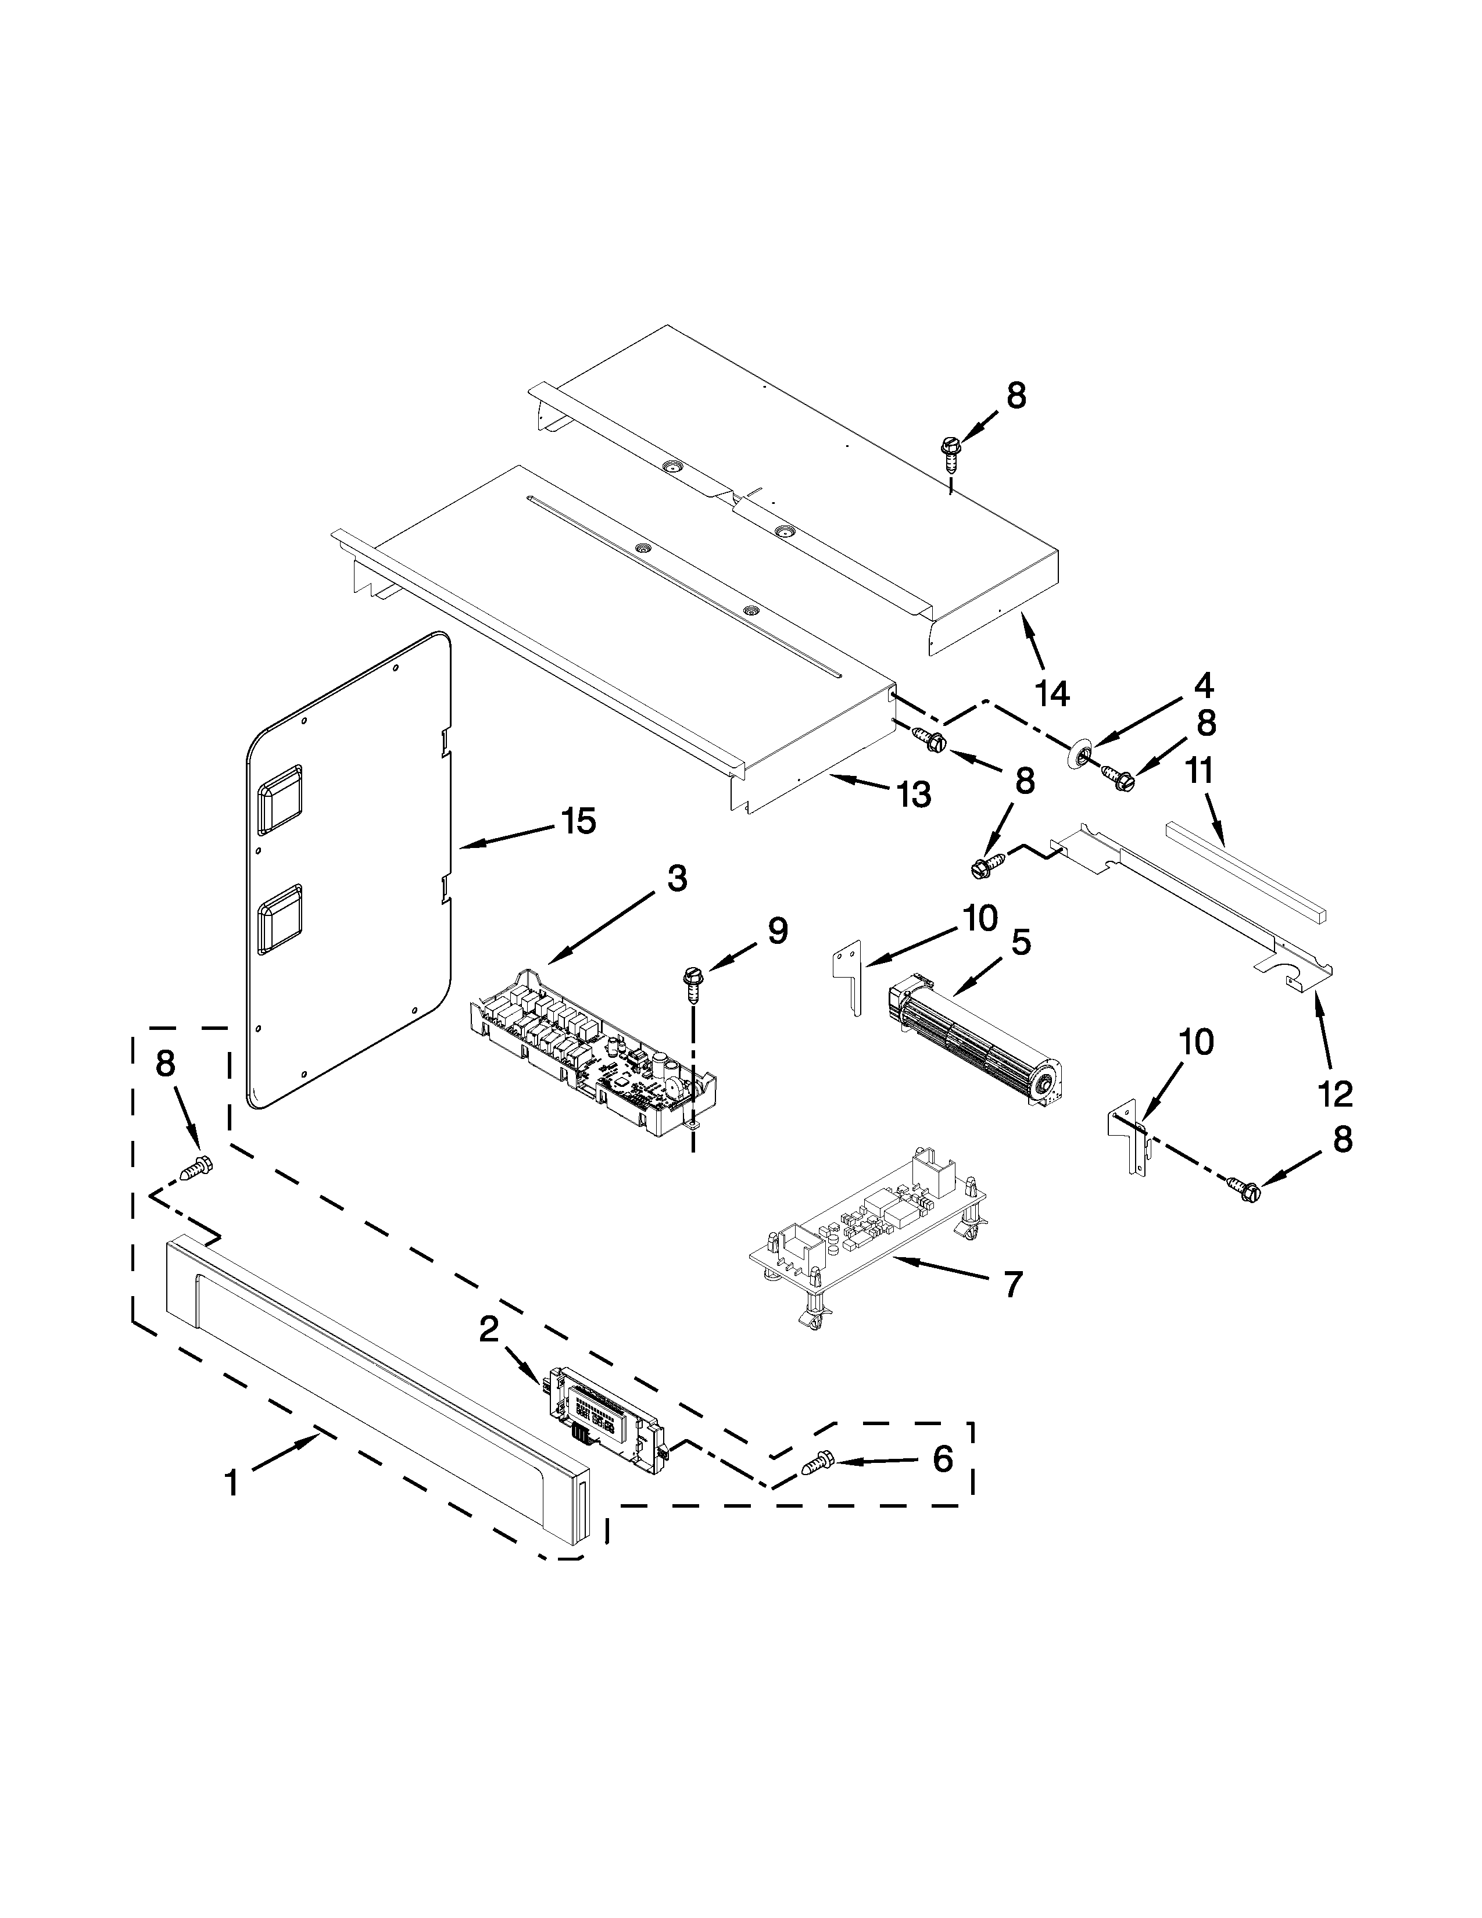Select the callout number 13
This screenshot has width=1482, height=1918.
point(913,795)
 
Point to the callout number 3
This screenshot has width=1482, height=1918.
point(677,878)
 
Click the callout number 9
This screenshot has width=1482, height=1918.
point(778,932)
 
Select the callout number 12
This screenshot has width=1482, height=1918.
point(1334,1093)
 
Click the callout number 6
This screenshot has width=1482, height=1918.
point(942,1459)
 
